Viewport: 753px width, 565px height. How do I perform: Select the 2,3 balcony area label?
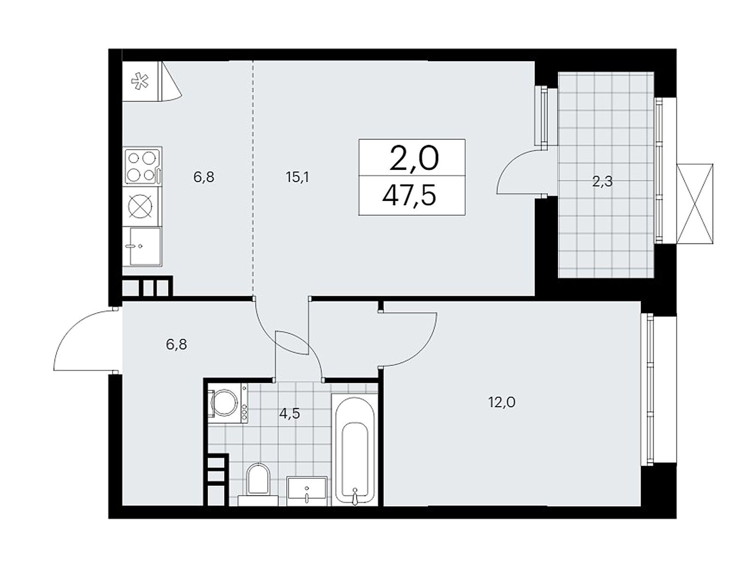click(602, 181)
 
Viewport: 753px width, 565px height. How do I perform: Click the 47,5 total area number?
click(409, 195)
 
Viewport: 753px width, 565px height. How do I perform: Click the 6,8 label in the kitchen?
click(204, 177)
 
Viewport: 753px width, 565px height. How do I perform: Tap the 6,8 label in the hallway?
click(176, 344)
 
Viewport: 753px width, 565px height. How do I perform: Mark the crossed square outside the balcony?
click(695, 203)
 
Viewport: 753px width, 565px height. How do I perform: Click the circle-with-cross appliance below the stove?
click(142, 206)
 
